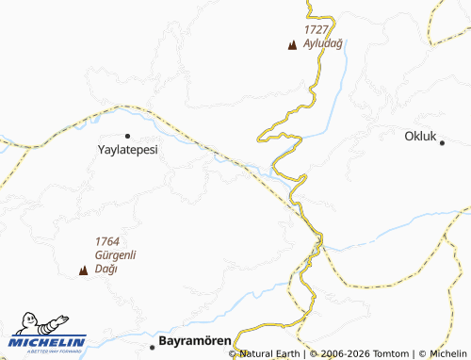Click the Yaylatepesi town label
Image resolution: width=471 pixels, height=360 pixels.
pos(128,149)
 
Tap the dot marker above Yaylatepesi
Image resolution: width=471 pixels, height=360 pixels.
pos(127,136)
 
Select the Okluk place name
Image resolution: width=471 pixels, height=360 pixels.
pos(420,136)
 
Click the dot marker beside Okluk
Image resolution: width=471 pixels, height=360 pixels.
pos(443,141)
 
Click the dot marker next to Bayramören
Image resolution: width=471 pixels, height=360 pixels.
pos(153,347)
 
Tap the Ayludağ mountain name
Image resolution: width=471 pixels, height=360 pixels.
pos(321,43)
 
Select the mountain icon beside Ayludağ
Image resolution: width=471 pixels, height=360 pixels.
pos(292,44)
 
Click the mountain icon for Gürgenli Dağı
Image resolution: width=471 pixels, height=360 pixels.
pos(83,270)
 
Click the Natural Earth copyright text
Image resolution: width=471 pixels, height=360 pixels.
pos(270,354)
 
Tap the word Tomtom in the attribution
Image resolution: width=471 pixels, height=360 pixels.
pos(391,354)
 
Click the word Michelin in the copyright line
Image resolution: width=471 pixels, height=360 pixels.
pos(448,354)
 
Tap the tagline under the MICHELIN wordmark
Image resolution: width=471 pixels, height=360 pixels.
pos(49,350)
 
